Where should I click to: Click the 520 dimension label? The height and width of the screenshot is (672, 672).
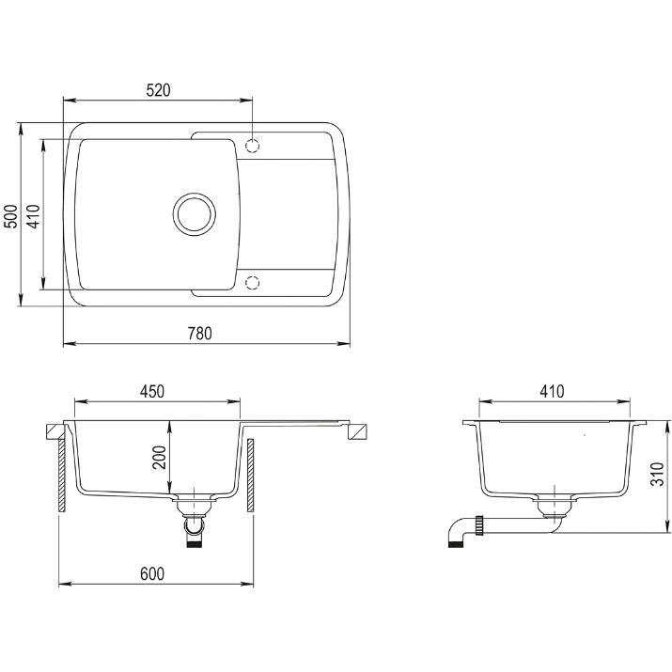point(158,90)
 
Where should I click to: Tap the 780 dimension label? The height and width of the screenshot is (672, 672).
point(199,333)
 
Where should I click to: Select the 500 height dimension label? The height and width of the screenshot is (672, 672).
point(13,216)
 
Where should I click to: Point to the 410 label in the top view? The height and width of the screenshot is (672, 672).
point(35,216)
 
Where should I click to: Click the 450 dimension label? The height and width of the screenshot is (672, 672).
point(152,391)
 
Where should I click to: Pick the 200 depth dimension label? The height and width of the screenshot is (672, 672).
point(160,458)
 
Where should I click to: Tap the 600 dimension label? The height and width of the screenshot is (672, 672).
point(152,574)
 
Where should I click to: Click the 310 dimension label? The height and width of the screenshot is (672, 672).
point(657,474)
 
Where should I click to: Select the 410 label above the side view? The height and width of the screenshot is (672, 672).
point(552,391)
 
